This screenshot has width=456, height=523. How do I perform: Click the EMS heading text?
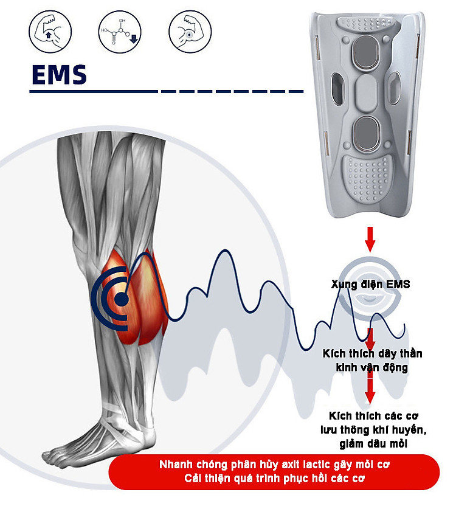58,75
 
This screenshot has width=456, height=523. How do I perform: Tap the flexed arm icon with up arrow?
50,30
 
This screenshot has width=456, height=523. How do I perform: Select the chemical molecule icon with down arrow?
120,30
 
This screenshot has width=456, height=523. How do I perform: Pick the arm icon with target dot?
189,30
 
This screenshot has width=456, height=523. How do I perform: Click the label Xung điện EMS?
370,284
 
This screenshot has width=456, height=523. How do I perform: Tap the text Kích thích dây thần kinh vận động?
370,361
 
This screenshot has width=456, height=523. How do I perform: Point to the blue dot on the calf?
122,299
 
